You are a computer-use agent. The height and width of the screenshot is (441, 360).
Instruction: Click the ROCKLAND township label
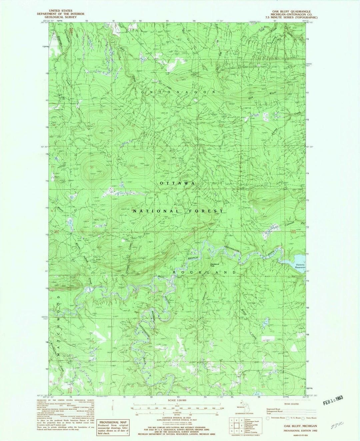coord(206,272)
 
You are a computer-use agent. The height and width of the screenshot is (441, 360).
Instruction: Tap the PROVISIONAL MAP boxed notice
coord(113,428)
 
